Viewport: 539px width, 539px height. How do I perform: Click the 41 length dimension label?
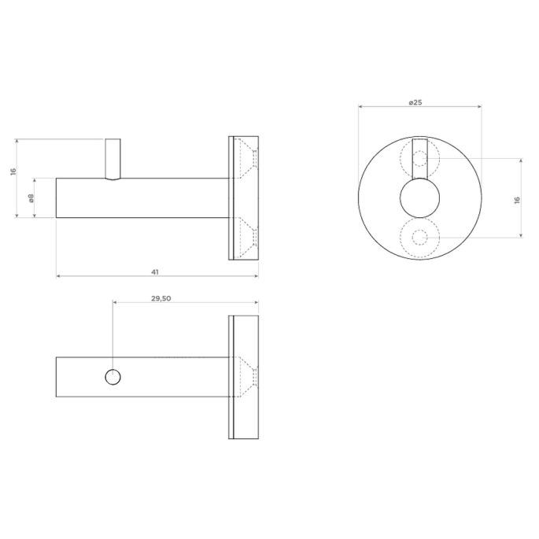[155, 271]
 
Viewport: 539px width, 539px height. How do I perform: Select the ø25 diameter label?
[417, 102]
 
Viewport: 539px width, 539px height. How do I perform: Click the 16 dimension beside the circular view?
[517, 200]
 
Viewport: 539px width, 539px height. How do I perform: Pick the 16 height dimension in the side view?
[14, 172]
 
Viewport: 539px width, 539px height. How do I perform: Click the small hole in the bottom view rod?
[113, 378]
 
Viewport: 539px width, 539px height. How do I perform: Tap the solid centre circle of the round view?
[419, 199]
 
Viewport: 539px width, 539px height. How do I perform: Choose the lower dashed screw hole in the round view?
[419, 238]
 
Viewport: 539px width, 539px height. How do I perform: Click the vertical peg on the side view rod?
[113, 157]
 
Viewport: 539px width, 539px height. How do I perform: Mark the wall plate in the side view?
[243, 198]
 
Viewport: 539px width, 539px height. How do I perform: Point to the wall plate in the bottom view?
[243, 378]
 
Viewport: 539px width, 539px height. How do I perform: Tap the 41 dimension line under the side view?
[94, 277]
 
